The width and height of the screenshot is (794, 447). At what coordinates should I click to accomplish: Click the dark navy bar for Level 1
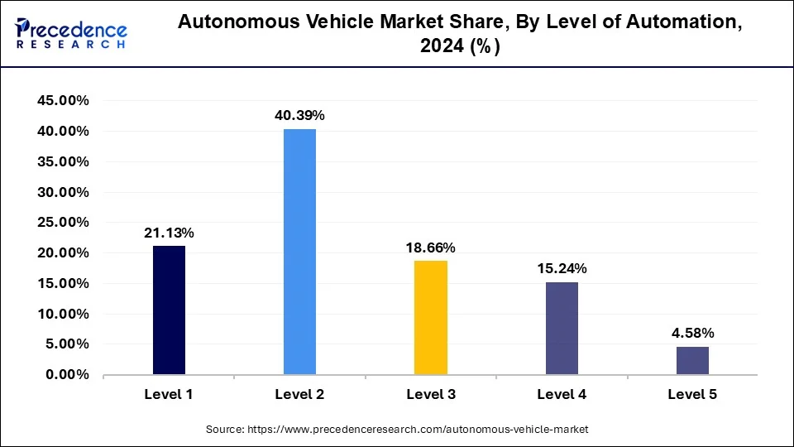pyautogui.click(x=169, y=310)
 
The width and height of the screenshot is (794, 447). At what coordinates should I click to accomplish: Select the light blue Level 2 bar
pyautogui.click(x=299, y=252)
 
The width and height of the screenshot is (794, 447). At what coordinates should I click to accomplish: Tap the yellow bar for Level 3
pyautogui.click(x=430, y=318)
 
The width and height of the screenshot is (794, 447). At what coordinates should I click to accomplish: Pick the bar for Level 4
pyautogui.click(x=562, y=329)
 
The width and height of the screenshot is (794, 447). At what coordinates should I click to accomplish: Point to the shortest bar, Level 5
pyautogui.click(x=692, y=361)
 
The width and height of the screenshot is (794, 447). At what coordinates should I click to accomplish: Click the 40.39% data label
pyautogui.click(x=299, y=116)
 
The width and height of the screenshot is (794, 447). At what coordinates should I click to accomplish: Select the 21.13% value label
pyautogui.click(x=169, y=233)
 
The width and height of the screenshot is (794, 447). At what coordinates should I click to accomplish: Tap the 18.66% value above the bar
pyautogui.click(x=430, y=248)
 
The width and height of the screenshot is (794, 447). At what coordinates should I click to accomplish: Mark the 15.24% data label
pyautogui.click(x=562, y=269)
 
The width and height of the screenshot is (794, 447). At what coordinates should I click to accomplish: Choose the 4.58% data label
pyautogui.click(x=692, y=334)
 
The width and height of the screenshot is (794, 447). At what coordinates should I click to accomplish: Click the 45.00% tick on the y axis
pyautogui.click(x=63, y=101)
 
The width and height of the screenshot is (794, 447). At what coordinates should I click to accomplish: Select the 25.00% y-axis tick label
pyautogui.click(x=63, y=223)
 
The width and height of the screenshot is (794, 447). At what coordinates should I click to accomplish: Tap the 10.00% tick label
pyautogui.click(x=63, y=314)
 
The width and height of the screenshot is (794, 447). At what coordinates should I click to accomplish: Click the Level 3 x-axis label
pyautogui.click(x=430, y=395)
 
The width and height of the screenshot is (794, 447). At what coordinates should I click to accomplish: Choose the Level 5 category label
pyautogui.click(x=692, y=395)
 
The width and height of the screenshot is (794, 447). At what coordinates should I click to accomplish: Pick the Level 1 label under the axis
pyautogui.click(x=169, y=395)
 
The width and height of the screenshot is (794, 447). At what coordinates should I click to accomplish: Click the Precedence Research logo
pyautogui.click(x=71, y=33)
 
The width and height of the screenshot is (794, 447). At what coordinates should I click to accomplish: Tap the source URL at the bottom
pyautogui.click(x=396, y=430)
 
